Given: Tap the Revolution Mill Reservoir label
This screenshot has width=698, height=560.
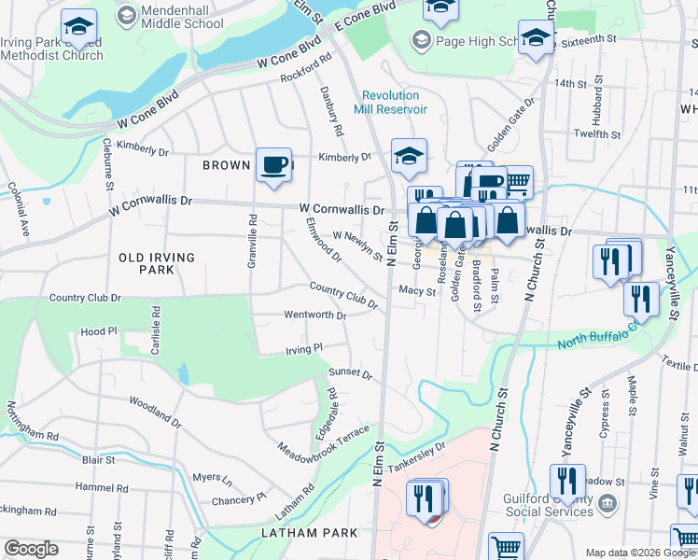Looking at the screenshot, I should tap(395, 103).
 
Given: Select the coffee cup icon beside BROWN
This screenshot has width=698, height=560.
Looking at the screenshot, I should tap(273, 165).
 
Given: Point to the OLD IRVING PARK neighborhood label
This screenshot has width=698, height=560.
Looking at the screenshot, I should tap(157, 263).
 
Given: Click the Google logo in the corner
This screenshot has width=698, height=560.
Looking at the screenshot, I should tap(31, 549).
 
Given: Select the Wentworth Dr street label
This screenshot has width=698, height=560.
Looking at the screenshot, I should tap(315, 315).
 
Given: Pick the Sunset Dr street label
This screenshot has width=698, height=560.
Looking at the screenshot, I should tap(350, 374).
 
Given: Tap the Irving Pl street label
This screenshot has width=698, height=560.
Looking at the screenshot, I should tap(303, 348).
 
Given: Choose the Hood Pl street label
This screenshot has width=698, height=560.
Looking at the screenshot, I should tap(99, 331).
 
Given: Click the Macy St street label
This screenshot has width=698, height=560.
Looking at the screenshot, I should tap(417, 291).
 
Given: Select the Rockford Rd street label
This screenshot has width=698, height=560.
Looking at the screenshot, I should tap(307, 69).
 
